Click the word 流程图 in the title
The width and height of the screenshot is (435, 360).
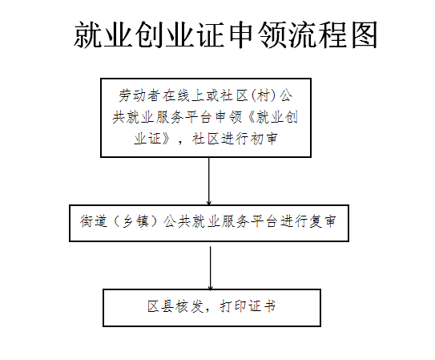coord(332,34)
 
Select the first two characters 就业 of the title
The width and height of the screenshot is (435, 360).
coord(103,34)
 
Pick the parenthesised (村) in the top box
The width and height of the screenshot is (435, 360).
coord(264,95)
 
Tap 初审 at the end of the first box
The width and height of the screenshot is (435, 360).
coord(264,139)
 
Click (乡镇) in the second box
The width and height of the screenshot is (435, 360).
coord(135,221)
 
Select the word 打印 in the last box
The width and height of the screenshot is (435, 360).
coord(234,306)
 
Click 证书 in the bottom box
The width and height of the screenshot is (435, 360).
coord(263,306)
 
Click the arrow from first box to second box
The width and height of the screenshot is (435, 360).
coord(209,181)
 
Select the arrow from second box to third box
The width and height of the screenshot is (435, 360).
coord(210,268)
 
